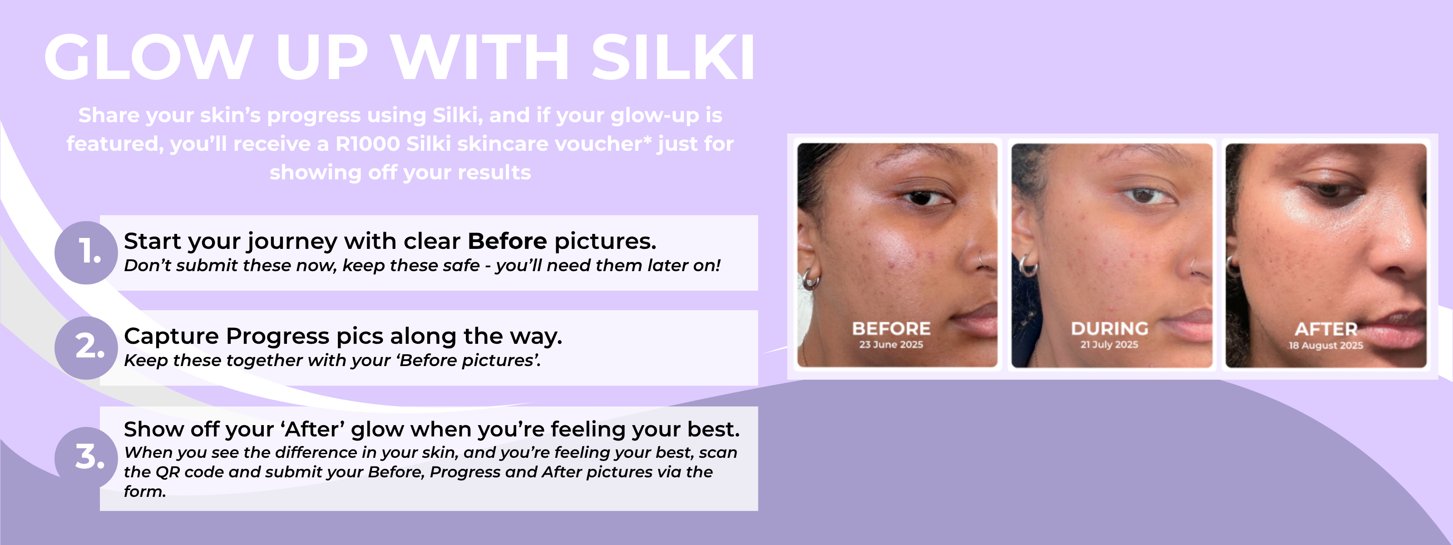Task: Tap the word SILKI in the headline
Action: [673, 57]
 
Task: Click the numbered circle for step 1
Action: [86, 252]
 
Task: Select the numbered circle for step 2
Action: [86, 347]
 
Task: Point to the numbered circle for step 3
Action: [86, 457]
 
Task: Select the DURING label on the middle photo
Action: [1109, 328]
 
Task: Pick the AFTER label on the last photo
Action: [1326, 329]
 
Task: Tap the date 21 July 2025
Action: [1109, 344]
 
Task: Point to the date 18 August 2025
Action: [1326, 345]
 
